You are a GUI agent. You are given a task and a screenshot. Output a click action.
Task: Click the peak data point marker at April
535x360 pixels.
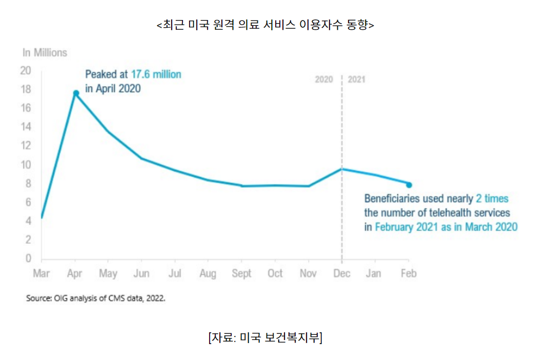[x=76, y=93]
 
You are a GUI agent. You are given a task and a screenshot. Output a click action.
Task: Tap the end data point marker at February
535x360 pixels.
[x=409, y=185]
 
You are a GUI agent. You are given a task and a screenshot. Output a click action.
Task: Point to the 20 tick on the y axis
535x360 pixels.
[x=26, y=70]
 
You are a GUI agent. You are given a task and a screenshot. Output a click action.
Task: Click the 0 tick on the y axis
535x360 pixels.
[x=29, y=258]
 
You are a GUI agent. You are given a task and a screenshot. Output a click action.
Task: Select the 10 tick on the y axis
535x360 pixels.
[x=26, y=165]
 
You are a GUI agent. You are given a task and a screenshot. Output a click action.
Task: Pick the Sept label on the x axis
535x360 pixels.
[x=241, y=273]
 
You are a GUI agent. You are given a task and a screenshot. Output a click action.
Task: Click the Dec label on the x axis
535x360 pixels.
[x=342, y=273]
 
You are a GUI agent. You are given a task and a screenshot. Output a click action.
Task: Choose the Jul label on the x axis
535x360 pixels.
[x=175, y=273]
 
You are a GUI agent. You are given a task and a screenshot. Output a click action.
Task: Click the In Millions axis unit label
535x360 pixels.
[x=45, y=52]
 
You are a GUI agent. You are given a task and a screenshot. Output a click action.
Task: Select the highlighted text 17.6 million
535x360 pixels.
[x=156, y=74]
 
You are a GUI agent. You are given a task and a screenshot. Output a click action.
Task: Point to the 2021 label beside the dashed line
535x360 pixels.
[x=357, y=79]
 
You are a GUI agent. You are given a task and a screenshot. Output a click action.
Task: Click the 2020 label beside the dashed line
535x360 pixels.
[x=324, y=79]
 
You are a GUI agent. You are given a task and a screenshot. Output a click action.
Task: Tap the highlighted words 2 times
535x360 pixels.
[x=492, y=198]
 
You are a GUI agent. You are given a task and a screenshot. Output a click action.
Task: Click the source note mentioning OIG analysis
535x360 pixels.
[x=96, y=298]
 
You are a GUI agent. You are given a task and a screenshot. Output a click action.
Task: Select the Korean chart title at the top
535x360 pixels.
[x=265, y=25]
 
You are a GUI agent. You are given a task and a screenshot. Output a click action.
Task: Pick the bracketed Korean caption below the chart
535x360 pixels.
[x=265, y=338]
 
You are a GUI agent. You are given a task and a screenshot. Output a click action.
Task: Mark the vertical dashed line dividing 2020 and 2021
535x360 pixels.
[x=342, y=169]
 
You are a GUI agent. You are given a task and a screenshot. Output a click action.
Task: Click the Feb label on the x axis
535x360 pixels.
[x=408, y=273]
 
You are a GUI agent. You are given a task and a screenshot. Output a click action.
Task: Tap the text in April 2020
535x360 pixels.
[x=113, y=88]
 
